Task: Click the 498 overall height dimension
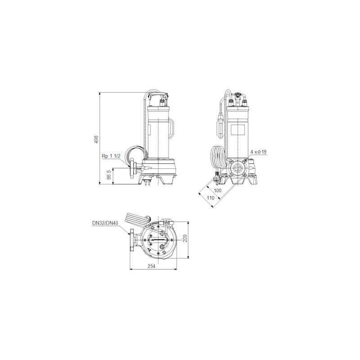96,139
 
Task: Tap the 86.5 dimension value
109,175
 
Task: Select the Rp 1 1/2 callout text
111,156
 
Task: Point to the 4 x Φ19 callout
258,152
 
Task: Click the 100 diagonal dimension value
217,190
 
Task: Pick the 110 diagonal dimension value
210,198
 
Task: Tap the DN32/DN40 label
105,223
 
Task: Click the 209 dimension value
185,238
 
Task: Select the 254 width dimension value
151,266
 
